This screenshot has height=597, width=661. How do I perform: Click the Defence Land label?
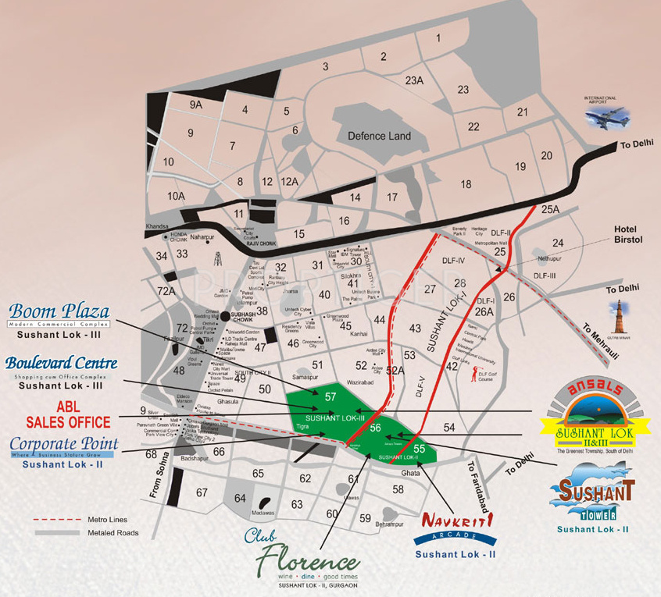(x=379, y=136)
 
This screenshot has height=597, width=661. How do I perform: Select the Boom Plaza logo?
(x=59, y=312)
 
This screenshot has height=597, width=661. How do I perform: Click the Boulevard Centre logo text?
(x=61, y=363)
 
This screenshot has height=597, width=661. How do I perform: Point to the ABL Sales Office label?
(x=68, y=415)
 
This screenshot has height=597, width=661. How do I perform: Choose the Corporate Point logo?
(x=64, y=445)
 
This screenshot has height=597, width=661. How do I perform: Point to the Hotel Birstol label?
(x=627, y=234)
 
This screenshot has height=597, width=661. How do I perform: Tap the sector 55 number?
(x=419, y=449)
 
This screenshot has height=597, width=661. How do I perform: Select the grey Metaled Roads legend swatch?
(x=58, y=533)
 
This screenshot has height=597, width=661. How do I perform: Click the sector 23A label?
(x=414, y=80)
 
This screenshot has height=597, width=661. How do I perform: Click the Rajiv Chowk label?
(x=262, y=243)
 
